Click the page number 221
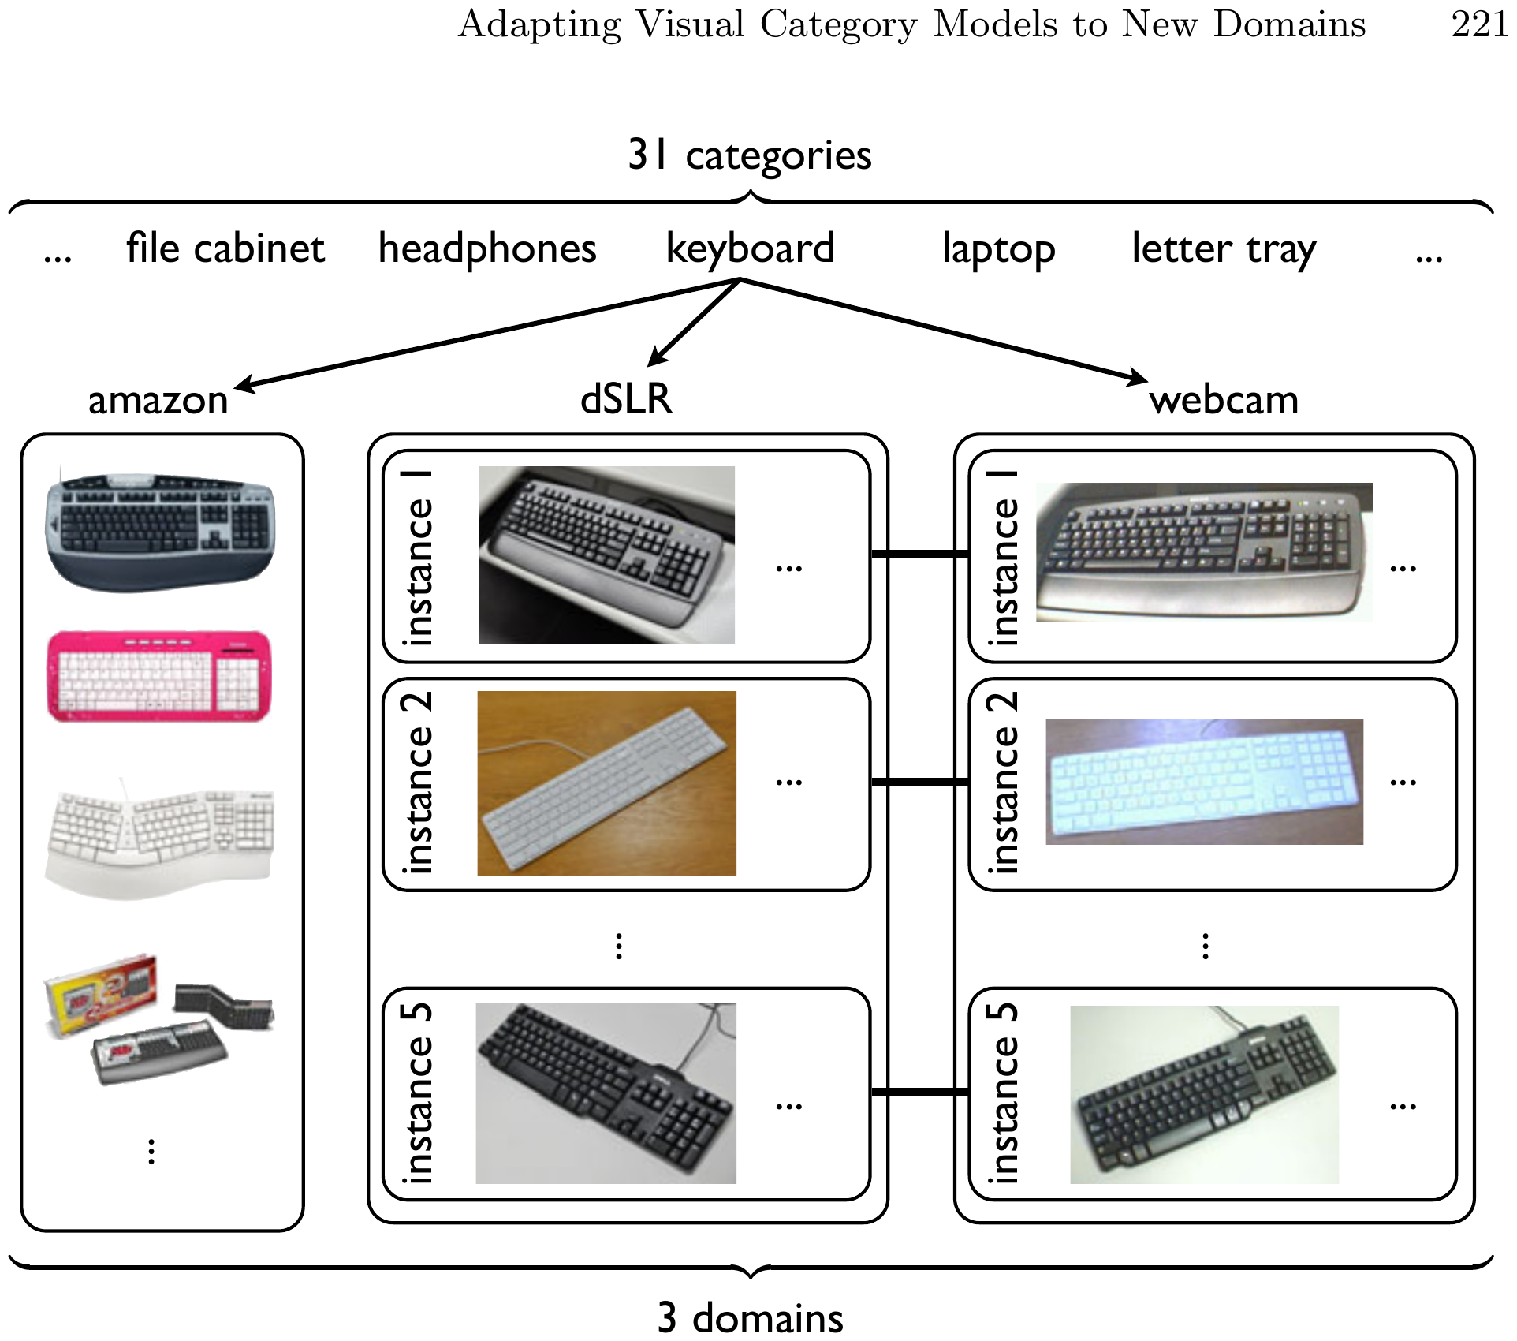1479,24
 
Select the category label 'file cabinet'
225,248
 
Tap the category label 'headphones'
487,248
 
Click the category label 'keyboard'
750,249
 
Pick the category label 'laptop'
999,250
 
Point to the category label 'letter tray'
1224,250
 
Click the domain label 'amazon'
158,400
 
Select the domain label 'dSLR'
627,398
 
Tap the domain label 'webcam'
1224,400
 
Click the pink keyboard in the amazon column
159,675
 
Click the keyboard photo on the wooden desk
606,783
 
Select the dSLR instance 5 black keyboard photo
606,1093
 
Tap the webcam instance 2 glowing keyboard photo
1204,782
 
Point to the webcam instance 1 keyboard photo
1204,552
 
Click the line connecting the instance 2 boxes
920,783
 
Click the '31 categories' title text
749,155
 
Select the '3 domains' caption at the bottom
750,1317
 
